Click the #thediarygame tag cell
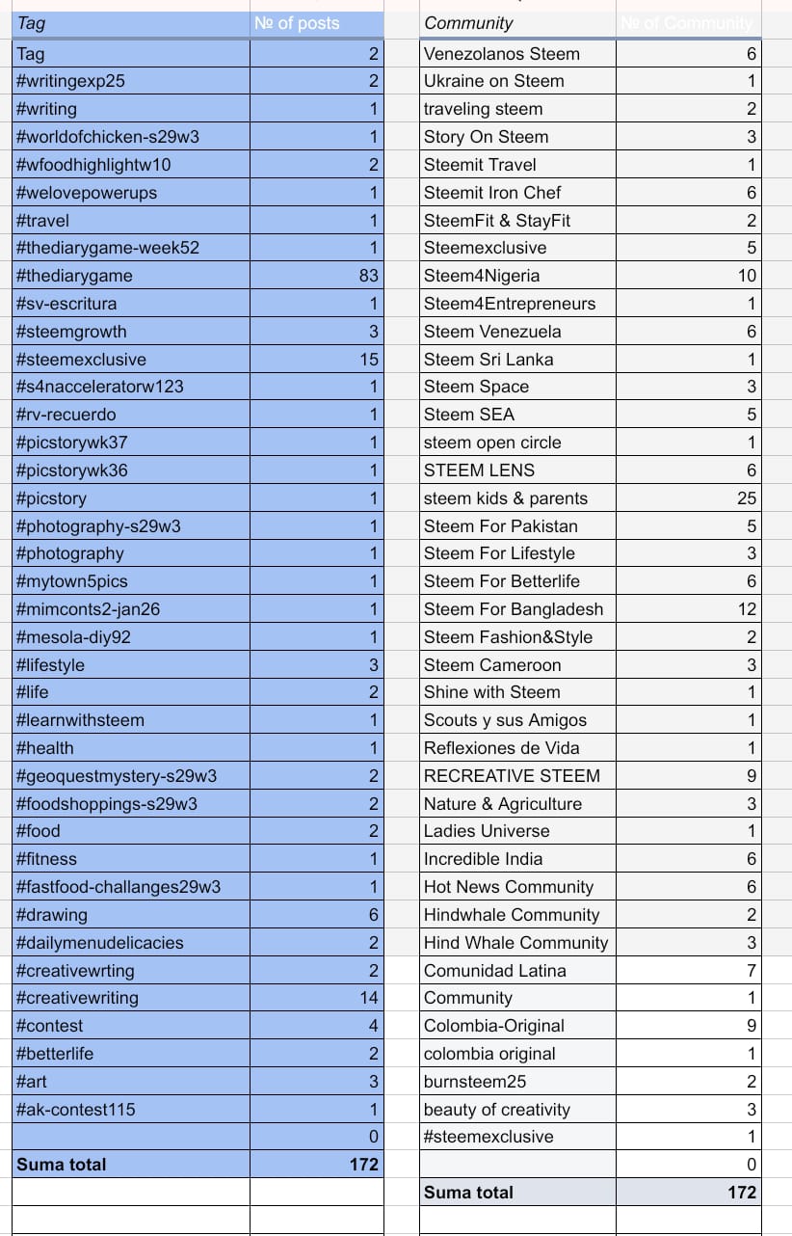[x=75, y=276]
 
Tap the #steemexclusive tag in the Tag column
[x=82, y=360]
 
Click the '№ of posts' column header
[x=297, y=23]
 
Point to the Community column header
[x=469, y=23]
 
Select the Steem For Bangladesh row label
[x=514, y=609]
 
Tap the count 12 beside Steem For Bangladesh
[x=747, y=609]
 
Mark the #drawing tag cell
[x=52, y=915]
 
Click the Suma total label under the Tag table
[x=62, y=1165]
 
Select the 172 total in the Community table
[x=742, y=1193]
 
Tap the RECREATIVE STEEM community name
[x=512, y=776]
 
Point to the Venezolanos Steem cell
[x=502, y=54]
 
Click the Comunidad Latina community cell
[x=495, y=971]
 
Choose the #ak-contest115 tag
[x=76, y=1110]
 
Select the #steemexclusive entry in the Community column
[x=488, y=1137]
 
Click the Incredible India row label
[x=483, y=859]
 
